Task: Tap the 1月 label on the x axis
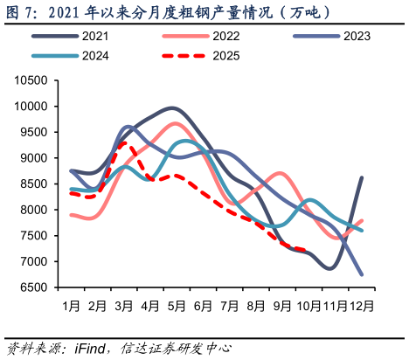click(72, 306)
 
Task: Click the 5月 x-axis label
click(177, 306)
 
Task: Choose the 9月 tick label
click(282, 306)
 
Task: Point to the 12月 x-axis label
click(363, 306)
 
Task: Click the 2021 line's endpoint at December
click(362, 178)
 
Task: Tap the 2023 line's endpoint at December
click(362, 274)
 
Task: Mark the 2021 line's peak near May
click(173, 108)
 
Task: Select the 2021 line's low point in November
click(329, 268)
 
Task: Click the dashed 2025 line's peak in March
click(125, 142)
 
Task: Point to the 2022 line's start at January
click(72, 215)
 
